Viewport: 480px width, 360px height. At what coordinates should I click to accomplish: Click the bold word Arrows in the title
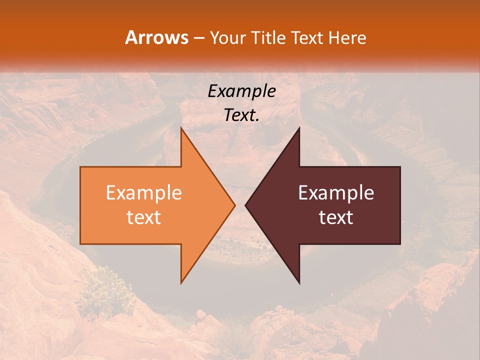[x=156, y=37]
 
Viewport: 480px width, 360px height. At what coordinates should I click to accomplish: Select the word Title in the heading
[x=268, y=38]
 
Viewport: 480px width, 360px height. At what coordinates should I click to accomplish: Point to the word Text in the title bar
[x=307, y=38]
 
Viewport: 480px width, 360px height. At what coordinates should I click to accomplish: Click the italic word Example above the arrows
[x=241, y=91]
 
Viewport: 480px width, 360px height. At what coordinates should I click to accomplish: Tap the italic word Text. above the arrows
[x=241, y=115]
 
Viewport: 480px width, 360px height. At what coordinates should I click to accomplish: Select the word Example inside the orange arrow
[x=144, y=193]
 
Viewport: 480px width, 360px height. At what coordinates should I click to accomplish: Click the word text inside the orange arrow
[x=144, y=217]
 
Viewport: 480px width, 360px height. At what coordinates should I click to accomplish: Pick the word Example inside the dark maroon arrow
[x=336, y=193]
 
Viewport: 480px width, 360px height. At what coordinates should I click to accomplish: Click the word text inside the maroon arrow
[x=336, y=217]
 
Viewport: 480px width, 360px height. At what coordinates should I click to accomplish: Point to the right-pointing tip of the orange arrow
[x=234, y=205]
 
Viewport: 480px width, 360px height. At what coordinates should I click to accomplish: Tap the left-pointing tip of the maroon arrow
[x=245, y=205]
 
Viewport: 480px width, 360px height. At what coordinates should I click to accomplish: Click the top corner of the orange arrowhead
[x=181, y=128]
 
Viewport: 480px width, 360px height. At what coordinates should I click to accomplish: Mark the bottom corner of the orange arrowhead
[x=181, y=282]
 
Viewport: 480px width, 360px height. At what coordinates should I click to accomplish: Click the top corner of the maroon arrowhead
[x=299, y=128]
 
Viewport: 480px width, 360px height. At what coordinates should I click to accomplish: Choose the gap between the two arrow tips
[x=240, y=205]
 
